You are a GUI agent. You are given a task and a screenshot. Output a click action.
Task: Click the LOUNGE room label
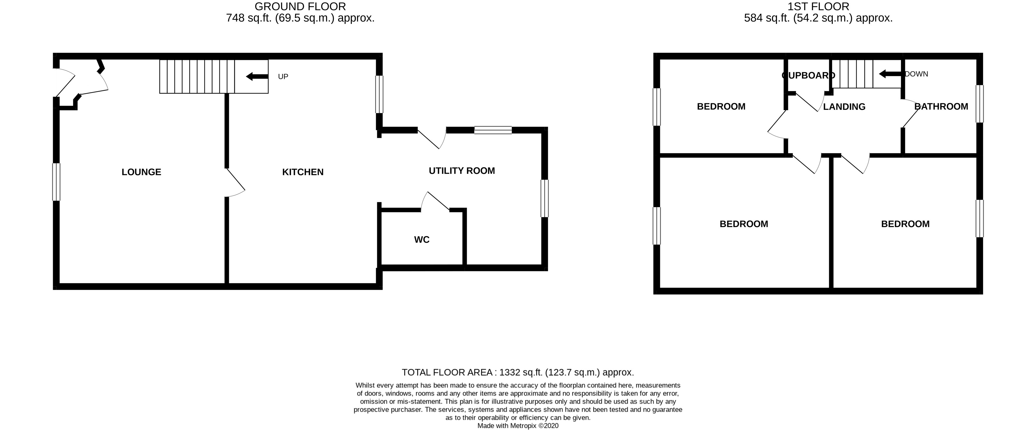click(141, 172)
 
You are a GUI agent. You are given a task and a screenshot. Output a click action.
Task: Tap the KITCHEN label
click(302, 172)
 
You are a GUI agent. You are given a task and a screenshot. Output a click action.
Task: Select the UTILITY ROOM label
click(461, 171)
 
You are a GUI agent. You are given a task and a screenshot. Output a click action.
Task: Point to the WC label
click(422, 240)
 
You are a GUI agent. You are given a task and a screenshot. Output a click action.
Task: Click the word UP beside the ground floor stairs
click(283, 77)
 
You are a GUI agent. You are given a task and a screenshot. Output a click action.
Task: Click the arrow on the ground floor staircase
click(257, 76)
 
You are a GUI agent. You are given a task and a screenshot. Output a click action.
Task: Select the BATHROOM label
click(941, 107)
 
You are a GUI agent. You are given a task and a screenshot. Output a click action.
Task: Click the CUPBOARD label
click(808, 75)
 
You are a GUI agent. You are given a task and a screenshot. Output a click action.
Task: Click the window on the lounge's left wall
click(56, 182)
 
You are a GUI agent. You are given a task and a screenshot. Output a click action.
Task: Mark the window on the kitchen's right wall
click(379, 94)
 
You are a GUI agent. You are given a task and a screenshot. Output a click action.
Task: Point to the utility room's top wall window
click(493, 130)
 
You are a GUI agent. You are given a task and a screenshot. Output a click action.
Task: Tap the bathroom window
click(980, 104)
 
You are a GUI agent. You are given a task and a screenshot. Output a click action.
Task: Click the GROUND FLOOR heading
click(300, 6)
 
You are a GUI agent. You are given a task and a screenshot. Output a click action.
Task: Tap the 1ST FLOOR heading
click(818, 6)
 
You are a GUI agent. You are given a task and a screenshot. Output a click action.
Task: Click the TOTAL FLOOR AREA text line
click(518, 372)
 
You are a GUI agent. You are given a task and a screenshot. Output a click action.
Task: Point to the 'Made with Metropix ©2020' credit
click(518, 426)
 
